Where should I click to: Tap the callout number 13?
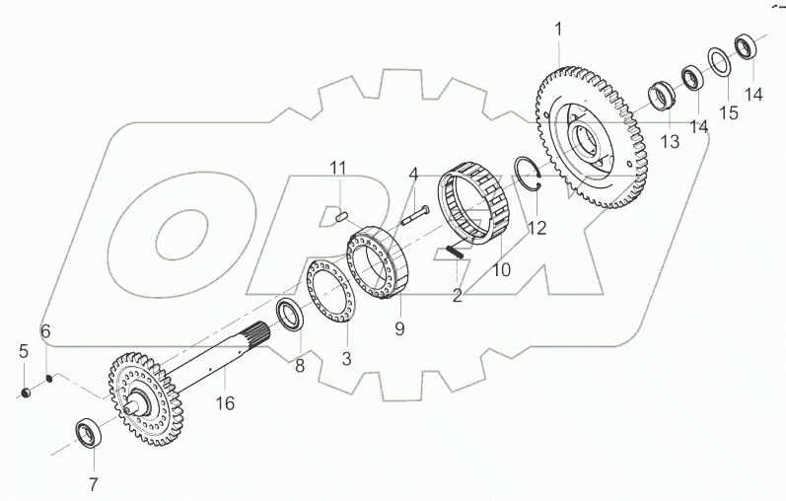[670, 143]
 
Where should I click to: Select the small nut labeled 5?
[29, 394]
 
